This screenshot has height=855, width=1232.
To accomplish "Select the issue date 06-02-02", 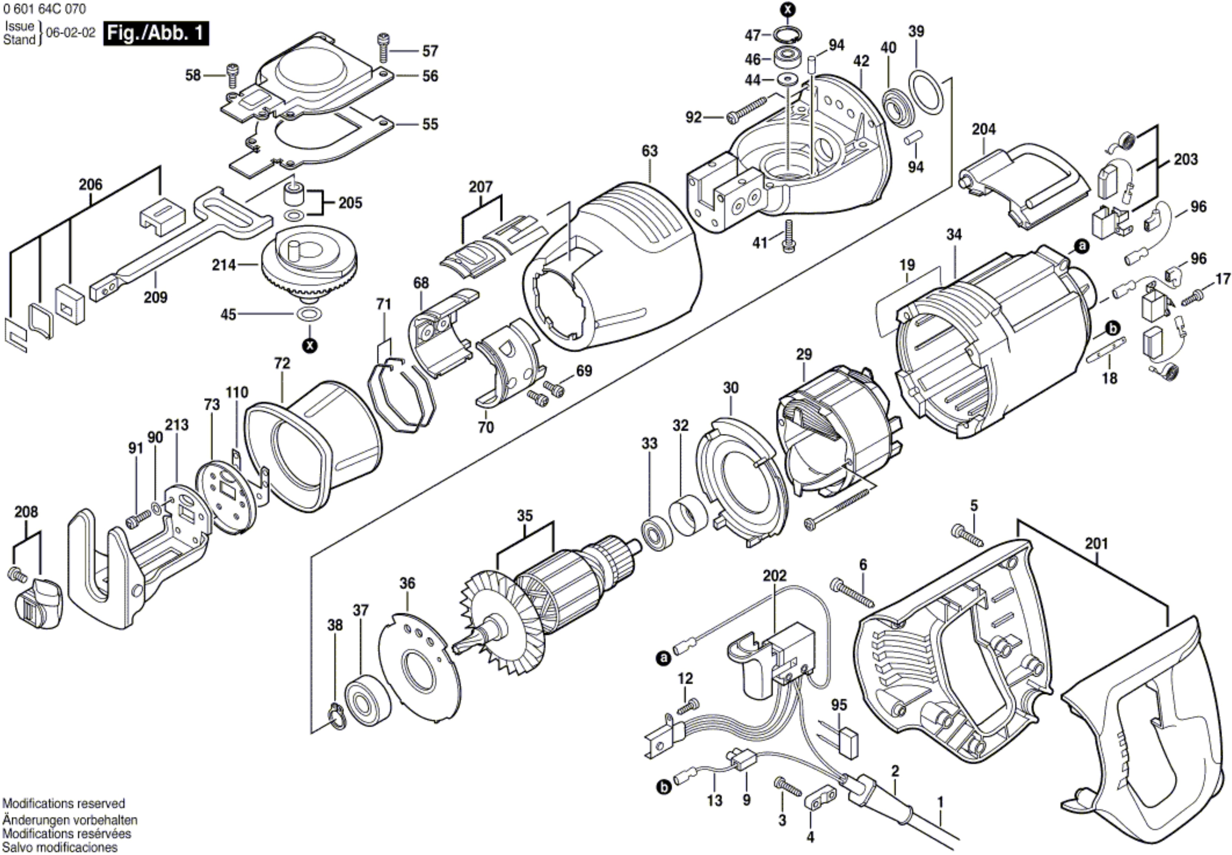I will pyautogui.click(x=71, y=33).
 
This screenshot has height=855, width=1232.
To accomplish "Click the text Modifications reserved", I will pyautogui.click(x=63, y=804).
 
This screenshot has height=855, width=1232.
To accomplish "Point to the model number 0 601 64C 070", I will pyautogui.click(x=44, y=9).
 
